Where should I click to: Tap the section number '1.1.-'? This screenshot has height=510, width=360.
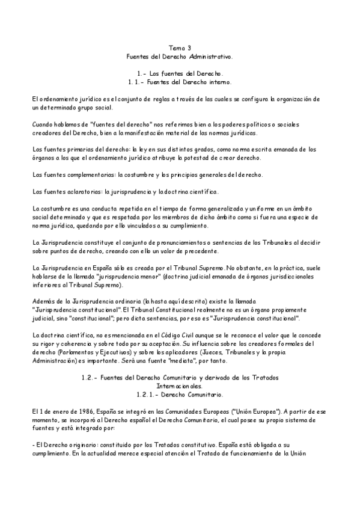tap(136, 81)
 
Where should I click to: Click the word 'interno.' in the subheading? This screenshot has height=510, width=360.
tap(221, 81)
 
